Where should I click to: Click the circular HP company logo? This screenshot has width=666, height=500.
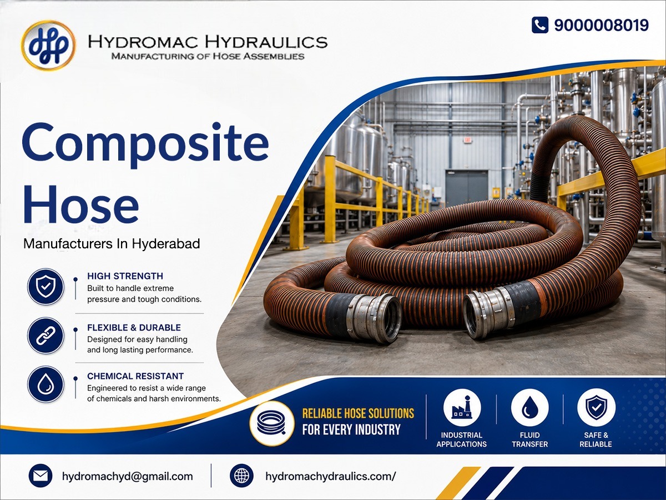[x=48, y=45]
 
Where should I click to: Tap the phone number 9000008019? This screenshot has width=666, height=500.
[x=602, y=25]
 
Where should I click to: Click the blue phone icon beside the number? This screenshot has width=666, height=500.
[x=540, y=25]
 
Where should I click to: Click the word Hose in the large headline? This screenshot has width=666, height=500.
[x=81, y=204]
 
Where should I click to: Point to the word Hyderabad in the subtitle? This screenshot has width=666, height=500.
[x=165, y=244]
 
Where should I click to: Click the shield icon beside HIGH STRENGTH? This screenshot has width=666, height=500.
[x=46, y=287]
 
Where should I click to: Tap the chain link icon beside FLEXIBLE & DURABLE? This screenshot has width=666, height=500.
[x=46, y=336]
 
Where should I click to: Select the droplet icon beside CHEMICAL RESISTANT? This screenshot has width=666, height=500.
[x=46, y=384]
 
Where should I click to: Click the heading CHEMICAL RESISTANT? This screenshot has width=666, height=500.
[x=135, y=376]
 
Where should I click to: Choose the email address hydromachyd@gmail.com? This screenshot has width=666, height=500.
[x=128, y=476]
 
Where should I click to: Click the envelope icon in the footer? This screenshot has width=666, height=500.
[x=41, y=476]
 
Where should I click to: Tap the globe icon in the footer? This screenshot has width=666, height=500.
[x=241, y=476]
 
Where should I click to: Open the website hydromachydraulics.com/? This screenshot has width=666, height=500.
[x=330, y=476]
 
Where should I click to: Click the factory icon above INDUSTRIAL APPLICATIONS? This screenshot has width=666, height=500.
[x=462, y=408]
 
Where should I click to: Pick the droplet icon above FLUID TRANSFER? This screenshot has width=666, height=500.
[x=530, y=408]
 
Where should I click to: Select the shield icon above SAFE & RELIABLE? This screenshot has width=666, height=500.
[x=596, y=408]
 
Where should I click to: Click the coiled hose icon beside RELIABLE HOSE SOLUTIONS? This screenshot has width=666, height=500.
[x=272, y=423]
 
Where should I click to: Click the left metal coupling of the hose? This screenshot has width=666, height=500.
[x=374, y=317]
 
